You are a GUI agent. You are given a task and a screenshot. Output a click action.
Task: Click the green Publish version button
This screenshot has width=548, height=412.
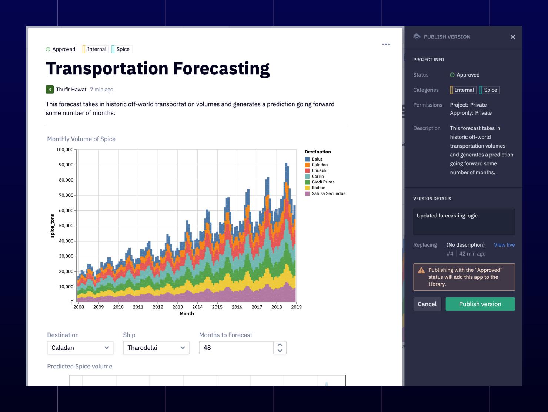[x=480, y=304]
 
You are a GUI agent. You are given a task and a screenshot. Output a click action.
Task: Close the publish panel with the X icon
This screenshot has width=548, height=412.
[x=512, y=37]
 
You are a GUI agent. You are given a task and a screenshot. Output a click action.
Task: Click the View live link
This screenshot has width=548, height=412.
[x=504, y=245]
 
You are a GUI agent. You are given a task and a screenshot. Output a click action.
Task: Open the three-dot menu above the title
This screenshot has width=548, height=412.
[x=386, y=44]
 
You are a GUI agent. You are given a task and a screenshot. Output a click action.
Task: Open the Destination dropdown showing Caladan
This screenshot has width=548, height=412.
[x=80, y=348]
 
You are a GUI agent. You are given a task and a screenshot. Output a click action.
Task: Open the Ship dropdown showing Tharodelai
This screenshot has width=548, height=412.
[x=156, y=348]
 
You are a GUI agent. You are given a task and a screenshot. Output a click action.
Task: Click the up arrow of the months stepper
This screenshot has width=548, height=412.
[x=280, y=345]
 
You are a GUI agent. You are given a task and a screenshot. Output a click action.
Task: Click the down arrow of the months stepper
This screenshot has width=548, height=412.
[x=280, y=351]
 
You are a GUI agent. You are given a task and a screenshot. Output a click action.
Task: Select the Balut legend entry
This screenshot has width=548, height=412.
[x=317, y=159]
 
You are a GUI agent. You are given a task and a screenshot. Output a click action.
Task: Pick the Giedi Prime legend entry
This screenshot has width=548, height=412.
[x=323, y=182]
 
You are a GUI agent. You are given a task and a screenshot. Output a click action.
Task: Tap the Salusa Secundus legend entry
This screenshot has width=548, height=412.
[x=328, y=193]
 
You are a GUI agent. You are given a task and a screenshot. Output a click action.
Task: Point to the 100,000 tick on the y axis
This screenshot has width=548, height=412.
[x=65, y=149]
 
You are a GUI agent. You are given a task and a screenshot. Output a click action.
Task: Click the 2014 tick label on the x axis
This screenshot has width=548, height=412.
[x=197, y=307]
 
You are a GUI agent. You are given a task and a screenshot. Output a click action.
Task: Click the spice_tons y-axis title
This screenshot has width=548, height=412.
[x=52, y=226]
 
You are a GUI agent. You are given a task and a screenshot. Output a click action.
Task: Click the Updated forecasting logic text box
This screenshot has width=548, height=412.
[x=464, y=222]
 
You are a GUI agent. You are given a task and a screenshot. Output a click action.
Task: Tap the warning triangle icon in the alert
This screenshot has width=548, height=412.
[x=421, y=270]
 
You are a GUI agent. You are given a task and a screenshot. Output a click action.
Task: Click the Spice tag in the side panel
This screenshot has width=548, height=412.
[x=489, y=90]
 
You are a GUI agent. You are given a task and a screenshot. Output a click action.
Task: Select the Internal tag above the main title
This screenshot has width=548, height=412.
[x=96, y=49]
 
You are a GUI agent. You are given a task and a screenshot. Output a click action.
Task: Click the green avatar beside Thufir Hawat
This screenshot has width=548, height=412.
[x=50, y=90]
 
